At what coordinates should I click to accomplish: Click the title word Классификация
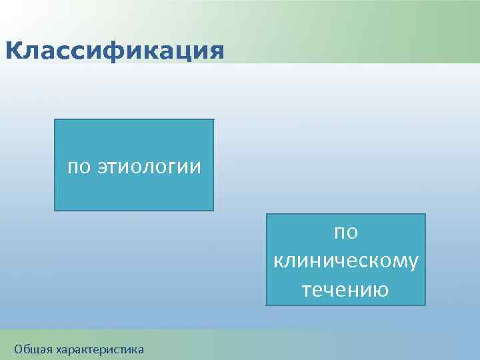tap(114, 51)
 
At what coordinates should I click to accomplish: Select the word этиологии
tap(149, 166)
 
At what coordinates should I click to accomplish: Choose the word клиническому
tap(346, 261)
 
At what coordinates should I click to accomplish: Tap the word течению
tap(346, 290)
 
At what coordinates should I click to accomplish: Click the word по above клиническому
tap(346, 232)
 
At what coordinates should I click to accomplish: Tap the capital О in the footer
tap(18, 348)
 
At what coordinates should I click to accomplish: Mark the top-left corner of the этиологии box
tap(54, 119)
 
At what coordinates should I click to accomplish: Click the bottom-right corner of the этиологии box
tap(213, 211)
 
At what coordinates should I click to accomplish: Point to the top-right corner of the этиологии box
tap(213, 119)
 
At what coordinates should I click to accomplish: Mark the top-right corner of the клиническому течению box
tap(425, 214)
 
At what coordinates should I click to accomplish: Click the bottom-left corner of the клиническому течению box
tap(266, 305)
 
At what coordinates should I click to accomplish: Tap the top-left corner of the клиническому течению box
tap(266, 214)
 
